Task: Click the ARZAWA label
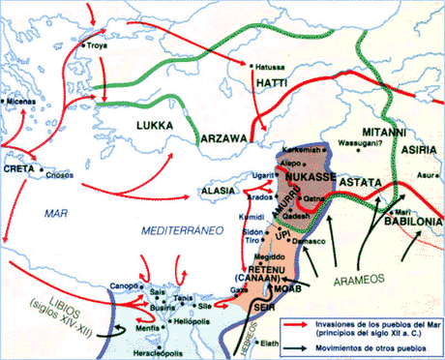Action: coord(224,138)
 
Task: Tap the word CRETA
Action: coord(18,168)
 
